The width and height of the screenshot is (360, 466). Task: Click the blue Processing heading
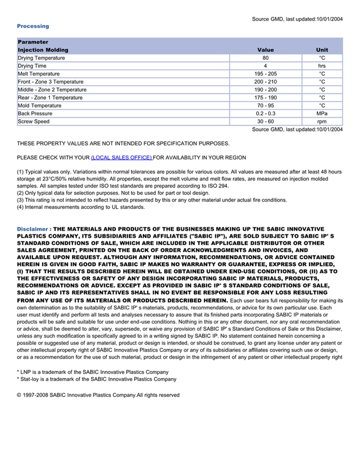[x=33, y=26]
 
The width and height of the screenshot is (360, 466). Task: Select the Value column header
[x=265, y=50]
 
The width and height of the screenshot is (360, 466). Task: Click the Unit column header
[x=322, y=50]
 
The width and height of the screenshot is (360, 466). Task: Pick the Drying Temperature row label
[x=41, y=58]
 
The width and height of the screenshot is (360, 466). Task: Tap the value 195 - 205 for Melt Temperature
[x=265, y=74]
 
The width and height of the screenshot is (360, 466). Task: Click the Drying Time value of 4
[x=265, y=66]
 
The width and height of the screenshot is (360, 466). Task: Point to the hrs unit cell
[x=322, y=66]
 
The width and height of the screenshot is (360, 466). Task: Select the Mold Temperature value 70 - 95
[x=265, y=105]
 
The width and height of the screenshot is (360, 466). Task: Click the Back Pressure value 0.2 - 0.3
[x=265, y=114]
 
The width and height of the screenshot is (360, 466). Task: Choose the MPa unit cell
[x=322, y=114]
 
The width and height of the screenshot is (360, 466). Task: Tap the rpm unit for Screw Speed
[x=322, y=121]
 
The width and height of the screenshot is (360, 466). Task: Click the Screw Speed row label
[x=34, y=121]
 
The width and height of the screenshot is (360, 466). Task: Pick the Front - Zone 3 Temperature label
[x=50, y=82]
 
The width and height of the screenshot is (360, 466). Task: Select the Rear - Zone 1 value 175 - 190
[x=265, y=98]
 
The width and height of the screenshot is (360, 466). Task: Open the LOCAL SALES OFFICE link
[x=121, y=157]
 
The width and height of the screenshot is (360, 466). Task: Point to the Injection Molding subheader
[x=43, y=50]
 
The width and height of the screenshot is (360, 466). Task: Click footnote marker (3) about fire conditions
[x=21, y=200]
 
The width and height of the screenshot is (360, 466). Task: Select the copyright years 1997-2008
[x=35, y=395]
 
